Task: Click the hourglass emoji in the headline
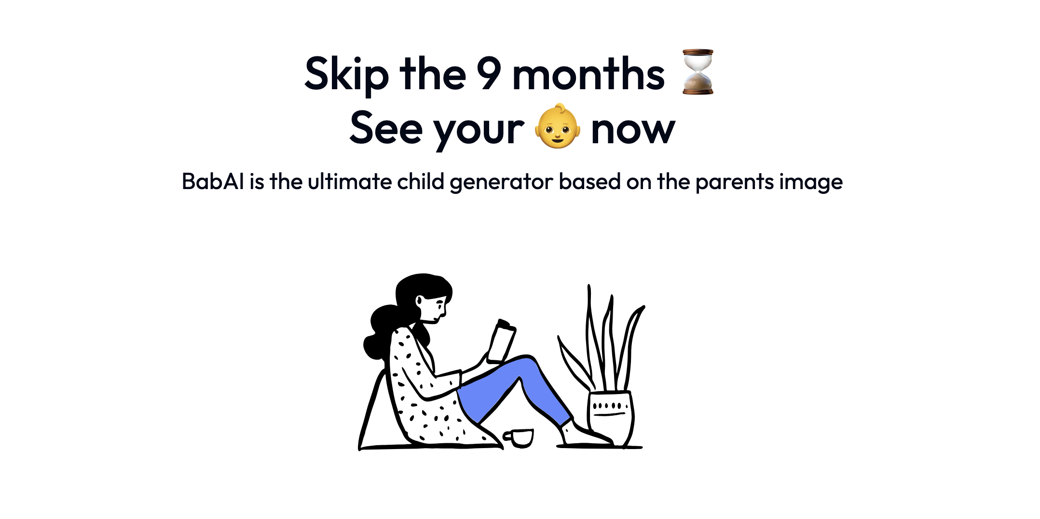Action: click(x=698, y=71)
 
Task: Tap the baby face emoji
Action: click(x=558, y=126)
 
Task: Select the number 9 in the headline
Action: click(x=489, y=73)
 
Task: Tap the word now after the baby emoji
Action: click(x=633, y=130)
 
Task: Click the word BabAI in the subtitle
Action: click(x=213, y=182)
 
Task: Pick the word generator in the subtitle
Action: click(x=501, y=183)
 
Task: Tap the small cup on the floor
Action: click(x=519, y=438)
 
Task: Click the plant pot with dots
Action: click(x=610, y=418)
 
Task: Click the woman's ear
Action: click(x=419, y=301)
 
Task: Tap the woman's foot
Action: click(x=586, y=434)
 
